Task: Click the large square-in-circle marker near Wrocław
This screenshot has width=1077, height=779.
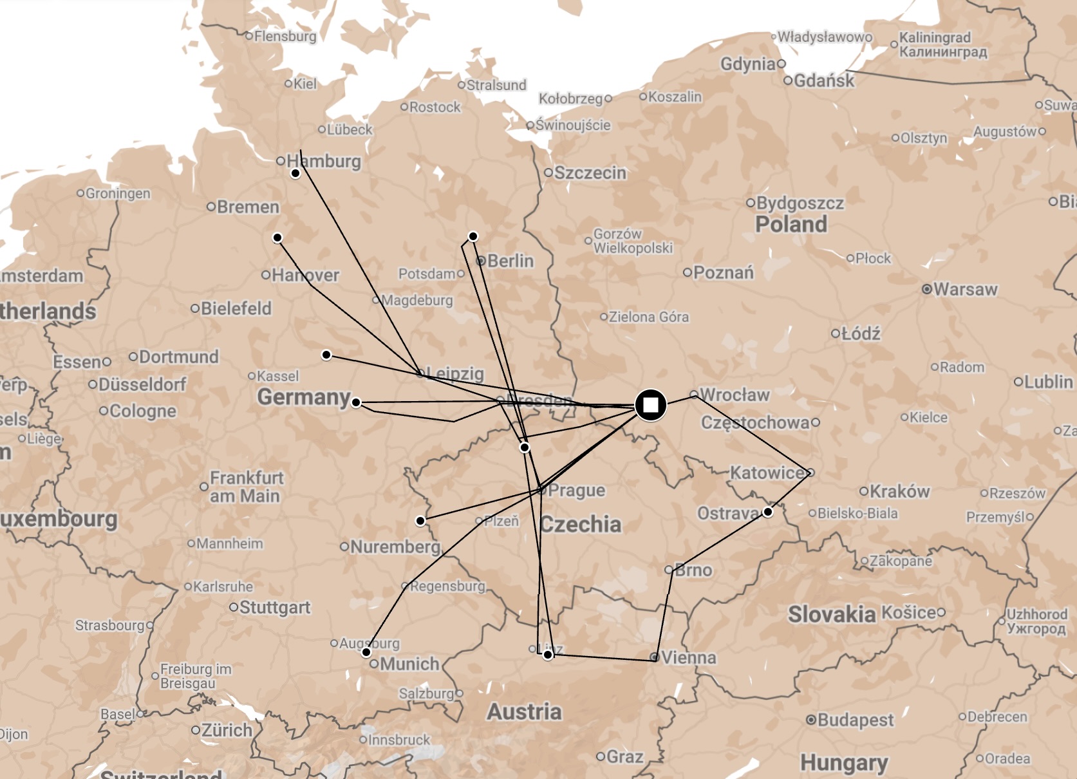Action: tap(650, 405)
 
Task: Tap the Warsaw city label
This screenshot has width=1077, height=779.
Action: tap(964, 289)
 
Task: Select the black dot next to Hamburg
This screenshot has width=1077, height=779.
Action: tap(295, 173)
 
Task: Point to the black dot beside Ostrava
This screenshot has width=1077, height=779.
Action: tap(767, 512)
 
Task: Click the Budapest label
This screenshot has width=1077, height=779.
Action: tap(855, 720)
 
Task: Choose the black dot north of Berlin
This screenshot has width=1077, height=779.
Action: tap(473, 236)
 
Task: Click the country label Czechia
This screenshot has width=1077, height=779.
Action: tap(581, 524)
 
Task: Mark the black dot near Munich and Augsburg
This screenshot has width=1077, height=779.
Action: tap(366, 652)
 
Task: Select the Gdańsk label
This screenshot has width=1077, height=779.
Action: tap(823, 80)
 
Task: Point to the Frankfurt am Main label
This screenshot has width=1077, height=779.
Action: tap(246, 487)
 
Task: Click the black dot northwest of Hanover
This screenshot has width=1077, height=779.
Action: tap(277, 238)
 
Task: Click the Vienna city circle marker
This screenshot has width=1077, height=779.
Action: tap(654, 657)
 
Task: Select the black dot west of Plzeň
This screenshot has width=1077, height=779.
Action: tap(420, 520)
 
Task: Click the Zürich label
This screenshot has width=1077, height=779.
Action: tap(227, 730)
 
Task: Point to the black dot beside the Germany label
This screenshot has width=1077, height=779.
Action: tap(356, 402)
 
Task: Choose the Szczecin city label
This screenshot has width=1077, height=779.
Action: tap(590, 173)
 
